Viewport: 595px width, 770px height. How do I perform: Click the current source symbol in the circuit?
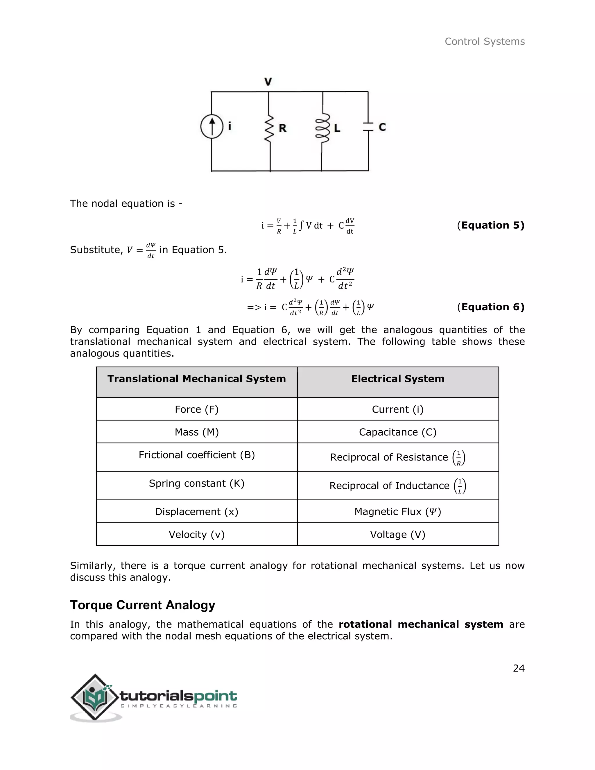point(212,127)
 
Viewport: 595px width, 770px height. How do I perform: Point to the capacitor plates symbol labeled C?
point(368,127)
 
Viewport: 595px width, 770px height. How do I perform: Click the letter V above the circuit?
point(268,82)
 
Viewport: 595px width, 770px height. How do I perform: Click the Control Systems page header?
point(484,42)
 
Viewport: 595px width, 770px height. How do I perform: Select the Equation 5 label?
point(491,225)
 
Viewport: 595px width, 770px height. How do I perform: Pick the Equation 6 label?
point(491,307)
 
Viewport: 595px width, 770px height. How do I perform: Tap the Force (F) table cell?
point(197,409)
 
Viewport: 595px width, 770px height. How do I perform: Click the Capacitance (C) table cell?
point(398,432)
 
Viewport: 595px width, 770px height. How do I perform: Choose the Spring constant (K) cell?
point(197,484)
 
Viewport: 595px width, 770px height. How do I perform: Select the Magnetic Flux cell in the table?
point(398,512)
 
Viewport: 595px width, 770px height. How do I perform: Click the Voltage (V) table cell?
point(398,534)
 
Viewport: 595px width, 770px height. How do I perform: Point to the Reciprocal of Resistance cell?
point(398,457)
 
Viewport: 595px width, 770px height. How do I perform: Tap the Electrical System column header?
point(398,379)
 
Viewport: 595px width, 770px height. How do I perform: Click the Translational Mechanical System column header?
point(197,379)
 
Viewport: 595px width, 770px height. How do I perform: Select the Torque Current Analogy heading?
point(142,605)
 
